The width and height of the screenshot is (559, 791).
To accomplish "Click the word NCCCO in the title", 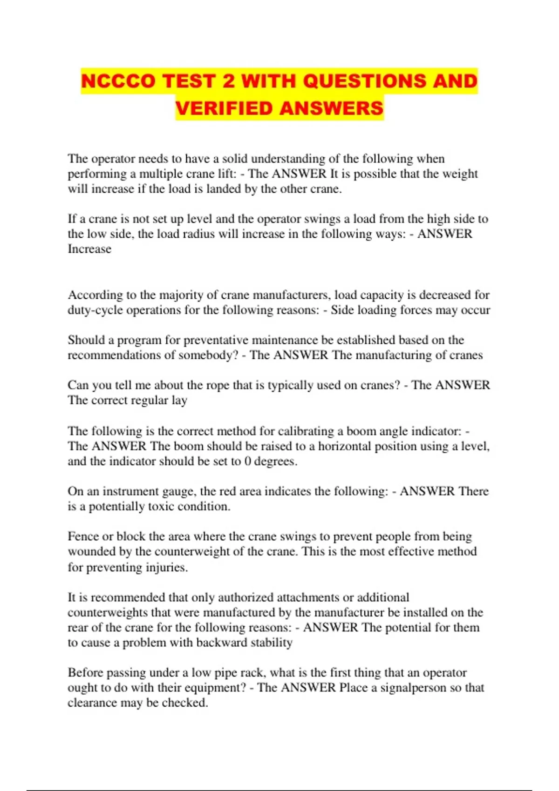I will (x=118, y=81).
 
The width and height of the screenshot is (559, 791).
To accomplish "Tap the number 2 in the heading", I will (x=228, y=81).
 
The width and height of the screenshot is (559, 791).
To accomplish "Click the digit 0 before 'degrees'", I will (x=248, y=462).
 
